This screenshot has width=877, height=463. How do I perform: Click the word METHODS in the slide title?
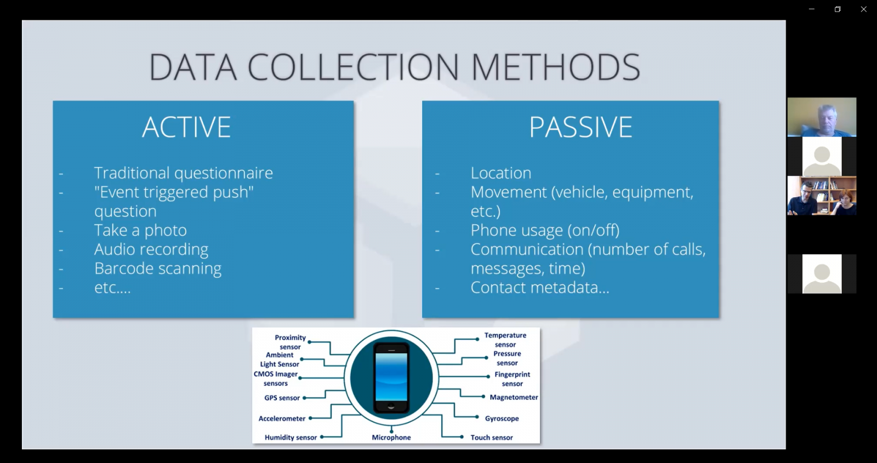pos(556,67)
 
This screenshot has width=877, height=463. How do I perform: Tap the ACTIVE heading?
pos(186,127)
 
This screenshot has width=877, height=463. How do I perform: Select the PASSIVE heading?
pos(580,127)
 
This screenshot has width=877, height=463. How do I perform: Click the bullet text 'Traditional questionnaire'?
pos(183,173)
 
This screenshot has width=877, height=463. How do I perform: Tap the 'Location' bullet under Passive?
pos(501,173)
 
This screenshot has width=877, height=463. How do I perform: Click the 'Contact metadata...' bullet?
pos(540,288)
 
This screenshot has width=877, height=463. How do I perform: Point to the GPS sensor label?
pos(282,398)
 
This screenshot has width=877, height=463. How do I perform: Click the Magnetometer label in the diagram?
pos(514,397)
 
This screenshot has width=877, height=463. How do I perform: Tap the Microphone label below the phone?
pos(391,438)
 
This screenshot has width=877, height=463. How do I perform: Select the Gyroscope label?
pos(502,419)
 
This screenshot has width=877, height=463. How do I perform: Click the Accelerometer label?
pos(282,419)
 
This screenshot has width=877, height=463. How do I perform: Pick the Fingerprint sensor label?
pos(512,379)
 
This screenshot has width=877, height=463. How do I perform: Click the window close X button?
pos(863,9)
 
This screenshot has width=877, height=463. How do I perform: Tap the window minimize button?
pos(812,9)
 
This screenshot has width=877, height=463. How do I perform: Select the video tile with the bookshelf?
pos(822,195)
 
